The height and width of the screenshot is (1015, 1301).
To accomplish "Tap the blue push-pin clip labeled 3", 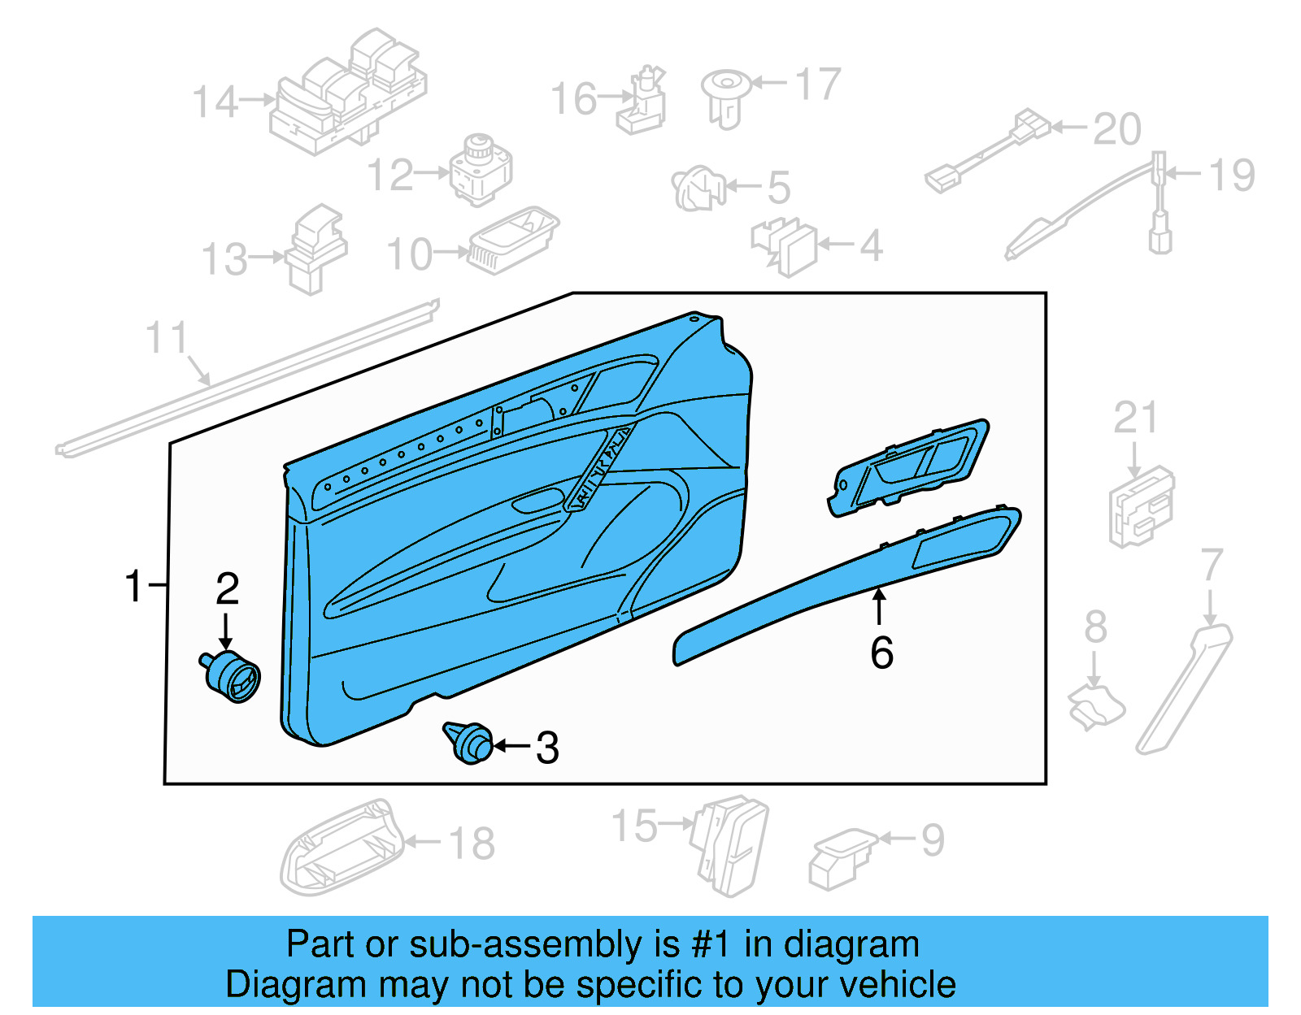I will coord(469,742).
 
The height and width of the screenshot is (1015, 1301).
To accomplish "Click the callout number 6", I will coord(882,653).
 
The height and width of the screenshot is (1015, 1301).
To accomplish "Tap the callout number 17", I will coord(817,85).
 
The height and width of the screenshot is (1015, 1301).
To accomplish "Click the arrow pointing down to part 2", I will coord(226,631).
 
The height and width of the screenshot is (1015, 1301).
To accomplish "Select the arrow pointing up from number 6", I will coord(879,606).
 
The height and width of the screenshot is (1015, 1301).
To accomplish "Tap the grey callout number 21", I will coord(1135,418).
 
